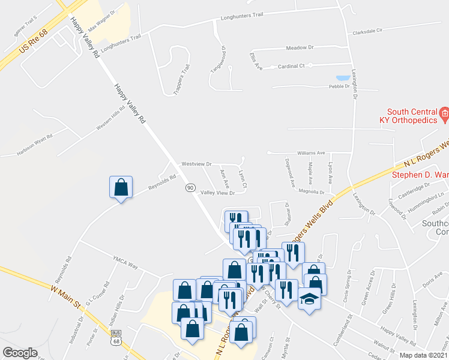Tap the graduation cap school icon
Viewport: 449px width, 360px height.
tap(309, 298)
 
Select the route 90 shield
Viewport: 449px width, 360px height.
tap(190, 188)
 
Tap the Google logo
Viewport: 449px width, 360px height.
tap(20, 352)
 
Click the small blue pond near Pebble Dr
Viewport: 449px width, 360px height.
tap(343, 78)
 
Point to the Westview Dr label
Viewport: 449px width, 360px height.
tap(197, 164)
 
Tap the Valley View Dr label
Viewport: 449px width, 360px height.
tap(217, 193)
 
